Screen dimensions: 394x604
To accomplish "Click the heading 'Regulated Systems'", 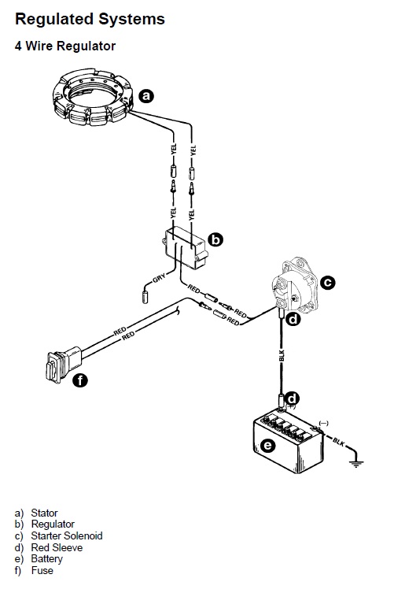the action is (90, 19).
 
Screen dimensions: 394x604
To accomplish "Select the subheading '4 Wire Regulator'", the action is (65, 46).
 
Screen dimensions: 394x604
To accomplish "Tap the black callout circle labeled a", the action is (145, 95).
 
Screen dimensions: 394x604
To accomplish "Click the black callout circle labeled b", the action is (215, 239).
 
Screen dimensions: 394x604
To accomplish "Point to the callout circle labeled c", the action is (327, 283).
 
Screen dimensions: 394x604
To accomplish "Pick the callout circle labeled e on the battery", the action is (268, 446).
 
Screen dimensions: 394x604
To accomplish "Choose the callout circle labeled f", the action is (80, 380).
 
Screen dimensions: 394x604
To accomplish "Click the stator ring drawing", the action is (93, 97).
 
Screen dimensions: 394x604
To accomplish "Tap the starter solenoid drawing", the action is (295, 286).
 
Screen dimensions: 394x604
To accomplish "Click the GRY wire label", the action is (159, 278).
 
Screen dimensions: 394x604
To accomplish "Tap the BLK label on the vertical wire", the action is (282, 355).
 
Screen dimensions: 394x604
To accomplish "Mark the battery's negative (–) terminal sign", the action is (324, 424).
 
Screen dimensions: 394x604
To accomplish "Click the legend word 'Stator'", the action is (44, 513).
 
